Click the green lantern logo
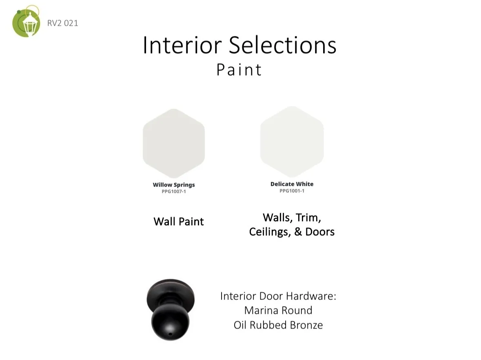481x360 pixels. point(26,21)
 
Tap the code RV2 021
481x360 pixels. point(62,23)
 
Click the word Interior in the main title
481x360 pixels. point(182,45)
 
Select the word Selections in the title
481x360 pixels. point(283,45)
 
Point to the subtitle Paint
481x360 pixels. point(239,70)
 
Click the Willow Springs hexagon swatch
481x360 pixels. point(174,143)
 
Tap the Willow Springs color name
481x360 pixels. point(174,185)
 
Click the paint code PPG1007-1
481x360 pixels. point(174,191)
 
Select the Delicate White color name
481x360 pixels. point(292,184)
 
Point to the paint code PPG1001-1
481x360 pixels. point(292,191)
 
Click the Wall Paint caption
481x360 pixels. point(179,222)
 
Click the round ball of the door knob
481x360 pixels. point(170,322)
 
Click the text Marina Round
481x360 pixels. point(278,311)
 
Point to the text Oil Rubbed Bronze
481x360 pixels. point(278,325)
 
